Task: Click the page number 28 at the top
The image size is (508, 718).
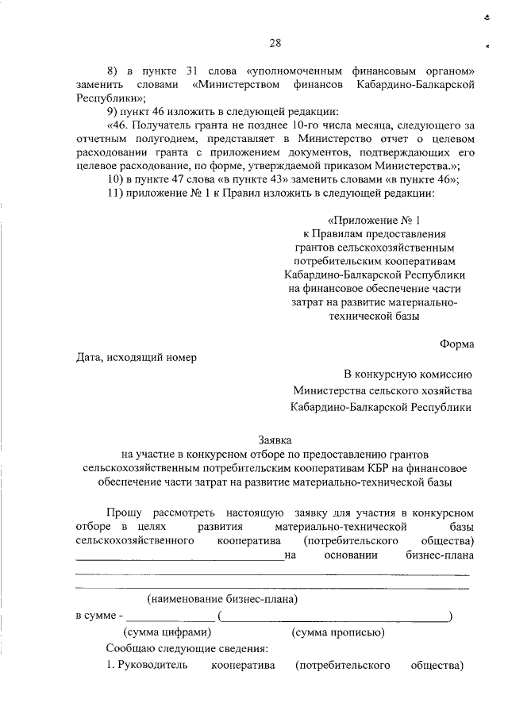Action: tap(275, 43)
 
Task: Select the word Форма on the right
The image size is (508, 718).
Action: tap(457, 344)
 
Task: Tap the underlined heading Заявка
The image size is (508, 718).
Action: tap(275, 439)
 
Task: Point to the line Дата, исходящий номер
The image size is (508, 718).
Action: tap(136, 356)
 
